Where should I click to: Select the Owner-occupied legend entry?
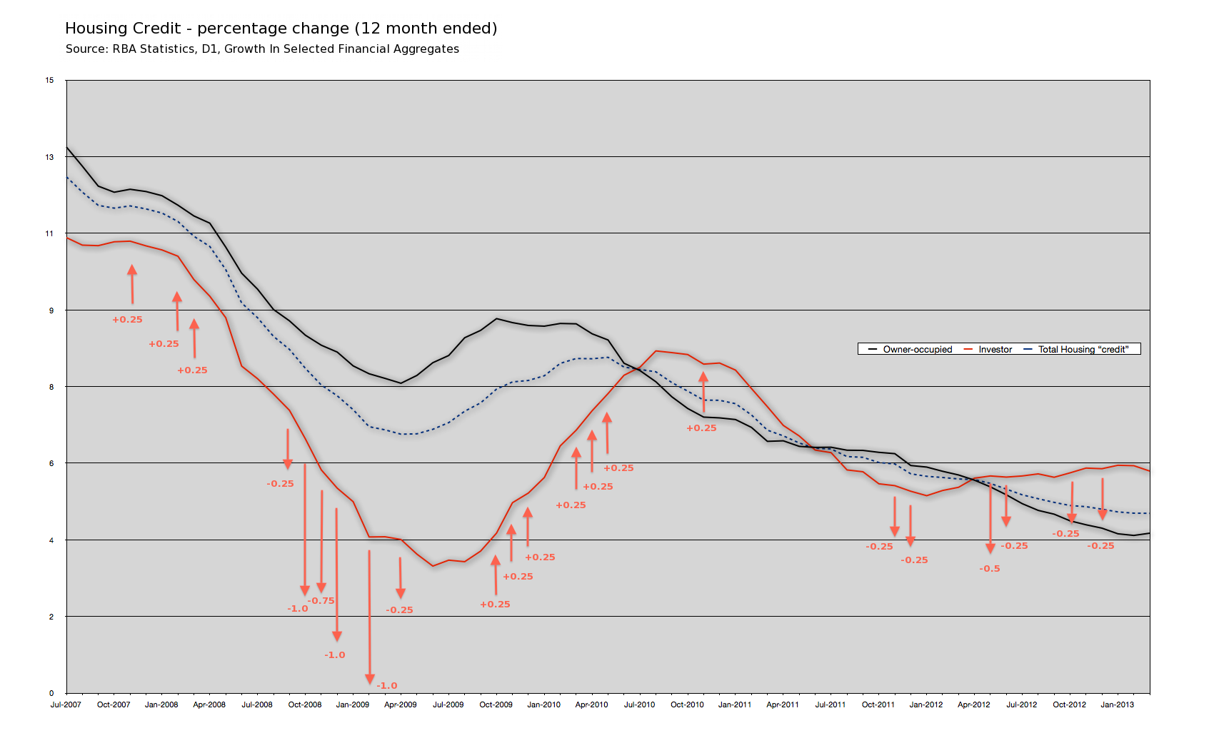917,349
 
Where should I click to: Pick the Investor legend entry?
995,349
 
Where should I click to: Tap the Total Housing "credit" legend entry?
1083,349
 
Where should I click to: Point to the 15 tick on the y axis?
50,80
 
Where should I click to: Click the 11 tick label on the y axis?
50,233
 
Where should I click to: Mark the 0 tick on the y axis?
51,693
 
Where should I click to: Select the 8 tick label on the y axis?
51,387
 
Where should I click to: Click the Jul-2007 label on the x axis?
66,704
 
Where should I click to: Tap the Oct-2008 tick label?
305,704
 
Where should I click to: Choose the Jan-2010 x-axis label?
544,704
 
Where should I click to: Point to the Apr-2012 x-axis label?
974,704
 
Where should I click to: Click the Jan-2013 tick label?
1118,704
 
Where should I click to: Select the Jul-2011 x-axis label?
831,704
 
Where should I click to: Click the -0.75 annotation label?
321,601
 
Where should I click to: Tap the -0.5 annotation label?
990,569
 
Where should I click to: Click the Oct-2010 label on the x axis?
687,704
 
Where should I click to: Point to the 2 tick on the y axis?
51,617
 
